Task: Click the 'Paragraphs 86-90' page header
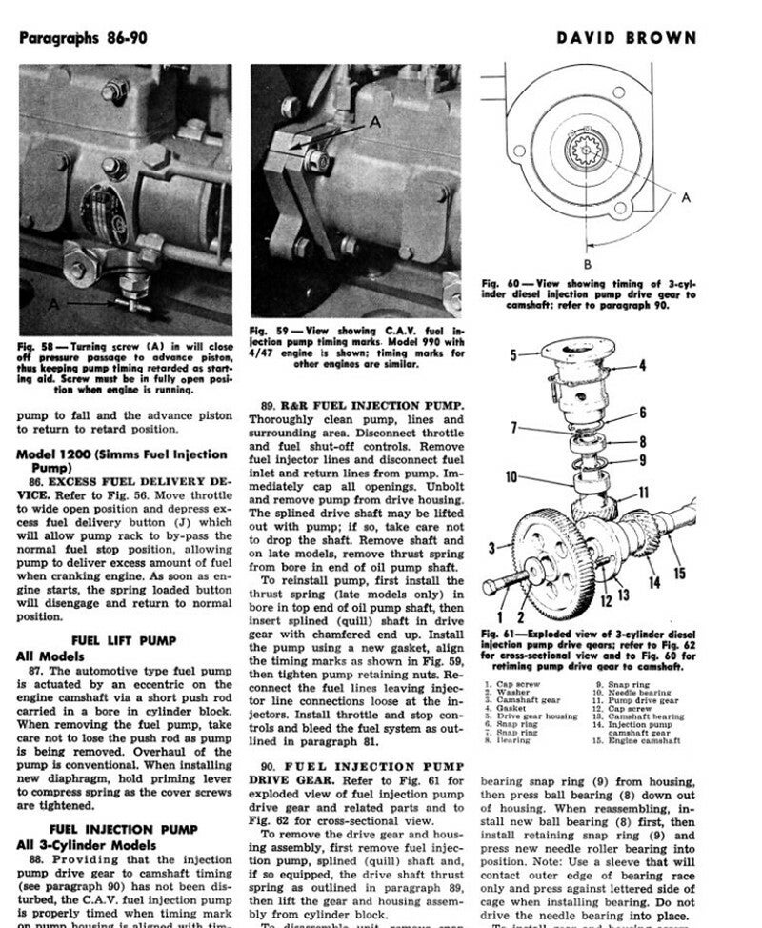pyautogui.click(x=83, y=39)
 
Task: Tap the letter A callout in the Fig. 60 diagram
pyautogui.click(x=685, y=197)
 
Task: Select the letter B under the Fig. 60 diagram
pyautogui.click(x=588, y=264)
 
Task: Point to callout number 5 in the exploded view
pyautogui.click(x=512, y=355)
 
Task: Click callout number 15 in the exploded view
pyautogui.click(x=679, y=573)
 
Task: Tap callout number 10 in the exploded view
pyautogui.click(x=511, y=477)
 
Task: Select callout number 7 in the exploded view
pyautogui.click(x=512, y=428)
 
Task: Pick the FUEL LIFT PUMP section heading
pyautogui.click(x=123, y=640)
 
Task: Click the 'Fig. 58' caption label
pyautogui.click(x=34, y=345)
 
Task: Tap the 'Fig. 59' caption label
pyautogui.click(x=269, y=329)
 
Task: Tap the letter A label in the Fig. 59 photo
pyautogui.click(x=374, y=123)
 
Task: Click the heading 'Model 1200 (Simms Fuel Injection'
pyautogui.click(x=122, y=454)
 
